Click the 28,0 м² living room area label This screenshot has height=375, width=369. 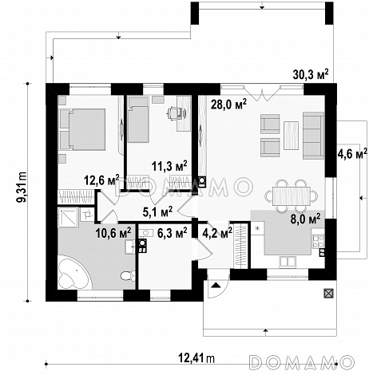click(228, 105)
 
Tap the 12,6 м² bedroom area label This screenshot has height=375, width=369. click(101, 180)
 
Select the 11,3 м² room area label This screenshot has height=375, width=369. click(169, 166)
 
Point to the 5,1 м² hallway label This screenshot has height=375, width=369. click(157, 211)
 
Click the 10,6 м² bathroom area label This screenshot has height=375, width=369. click(113, 233)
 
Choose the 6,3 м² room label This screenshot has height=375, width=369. click(173, 233)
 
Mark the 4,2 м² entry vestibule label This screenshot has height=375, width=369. click(217, 233)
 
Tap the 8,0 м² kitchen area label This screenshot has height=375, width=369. click(305, 220)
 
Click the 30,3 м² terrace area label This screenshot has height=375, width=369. click(311, 75)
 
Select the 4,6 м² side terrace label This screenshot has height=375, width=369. click(352, 154)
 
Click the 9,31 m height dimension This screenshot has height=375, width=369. click(22, 187)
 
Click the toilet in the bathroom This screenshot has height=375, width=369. click(128, 275)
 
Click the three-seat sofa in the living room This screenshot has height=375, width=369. click(313, 135)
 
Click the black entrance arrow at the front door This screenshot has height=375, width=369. click(216, 286)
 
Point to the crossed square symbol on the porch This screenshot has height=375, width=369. click(328, 294)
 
